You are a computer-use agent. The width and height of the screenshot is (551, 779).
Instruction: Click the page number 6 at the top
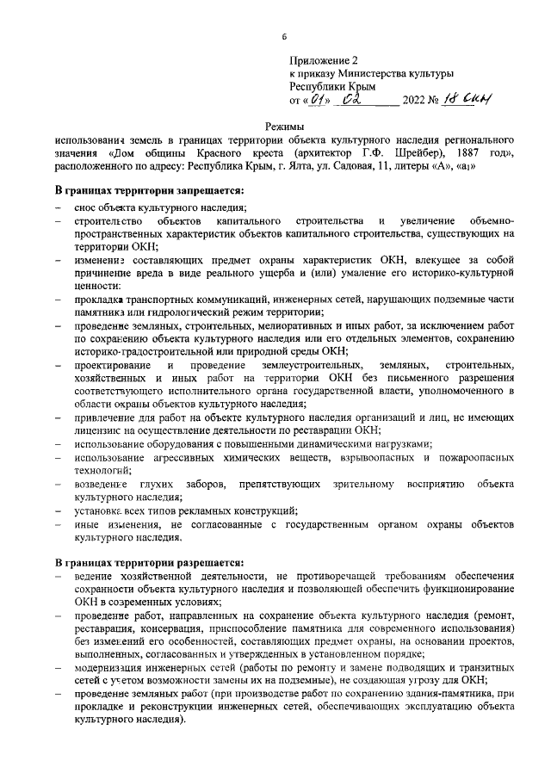[283, 35]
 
